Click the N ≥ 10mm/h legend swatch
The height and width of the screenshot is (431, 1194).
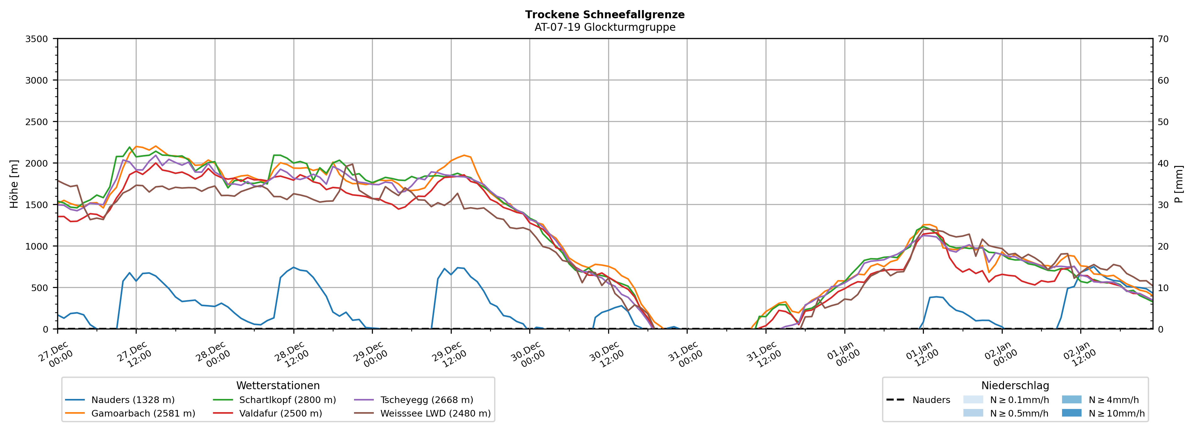[1071, 413]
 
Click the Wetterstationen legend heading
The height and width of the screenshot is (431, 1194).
[278, 385]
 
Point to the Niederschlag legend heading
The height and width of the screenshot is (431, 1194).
[1015, 385]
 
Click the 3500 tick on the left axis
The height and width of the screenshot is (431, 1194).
[37, 39]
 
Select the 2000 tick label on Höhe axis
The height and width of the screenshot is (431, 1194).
[37, 163]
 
